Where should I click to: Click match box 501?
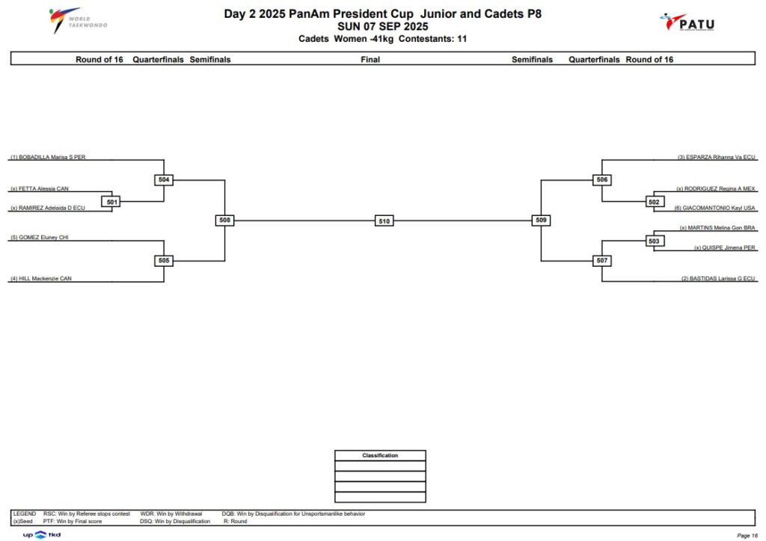coord(112,202)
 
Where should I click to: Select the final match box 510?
coord(384,221)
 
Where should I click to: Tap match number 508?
coord(224,220)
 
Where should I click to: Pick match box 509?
coord(541,220)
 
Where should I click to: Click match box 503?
coord(654,241)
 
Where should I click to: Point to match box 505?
coord(164,261)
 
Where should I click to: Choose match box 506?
coord(602,179)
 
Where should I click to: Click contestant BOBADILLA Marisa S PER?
coord(48,157)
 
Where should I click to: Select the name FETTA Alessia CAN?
coord(40,188)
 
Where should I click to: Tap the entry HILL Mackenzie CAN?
coord(41,279)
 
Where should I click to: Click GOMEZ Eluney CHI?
coord(40,238)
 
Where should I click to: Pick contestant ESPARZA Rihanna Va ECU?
coord(716,157)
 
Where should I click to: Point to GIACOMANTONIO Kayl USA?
coord(714,208)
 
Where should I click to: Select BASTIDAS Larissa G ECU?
coord(718,279)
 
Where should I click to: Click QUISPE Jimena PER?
coord(724,248)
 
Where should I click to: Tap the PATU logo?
coord(687,22)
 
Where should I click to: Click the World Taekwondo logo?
coord(78,20)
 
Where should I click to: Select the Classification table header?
coord(380,455)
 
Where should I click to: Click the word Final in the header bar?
coord(370,60)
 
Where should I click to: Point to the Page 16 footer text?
coord(747,536)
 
